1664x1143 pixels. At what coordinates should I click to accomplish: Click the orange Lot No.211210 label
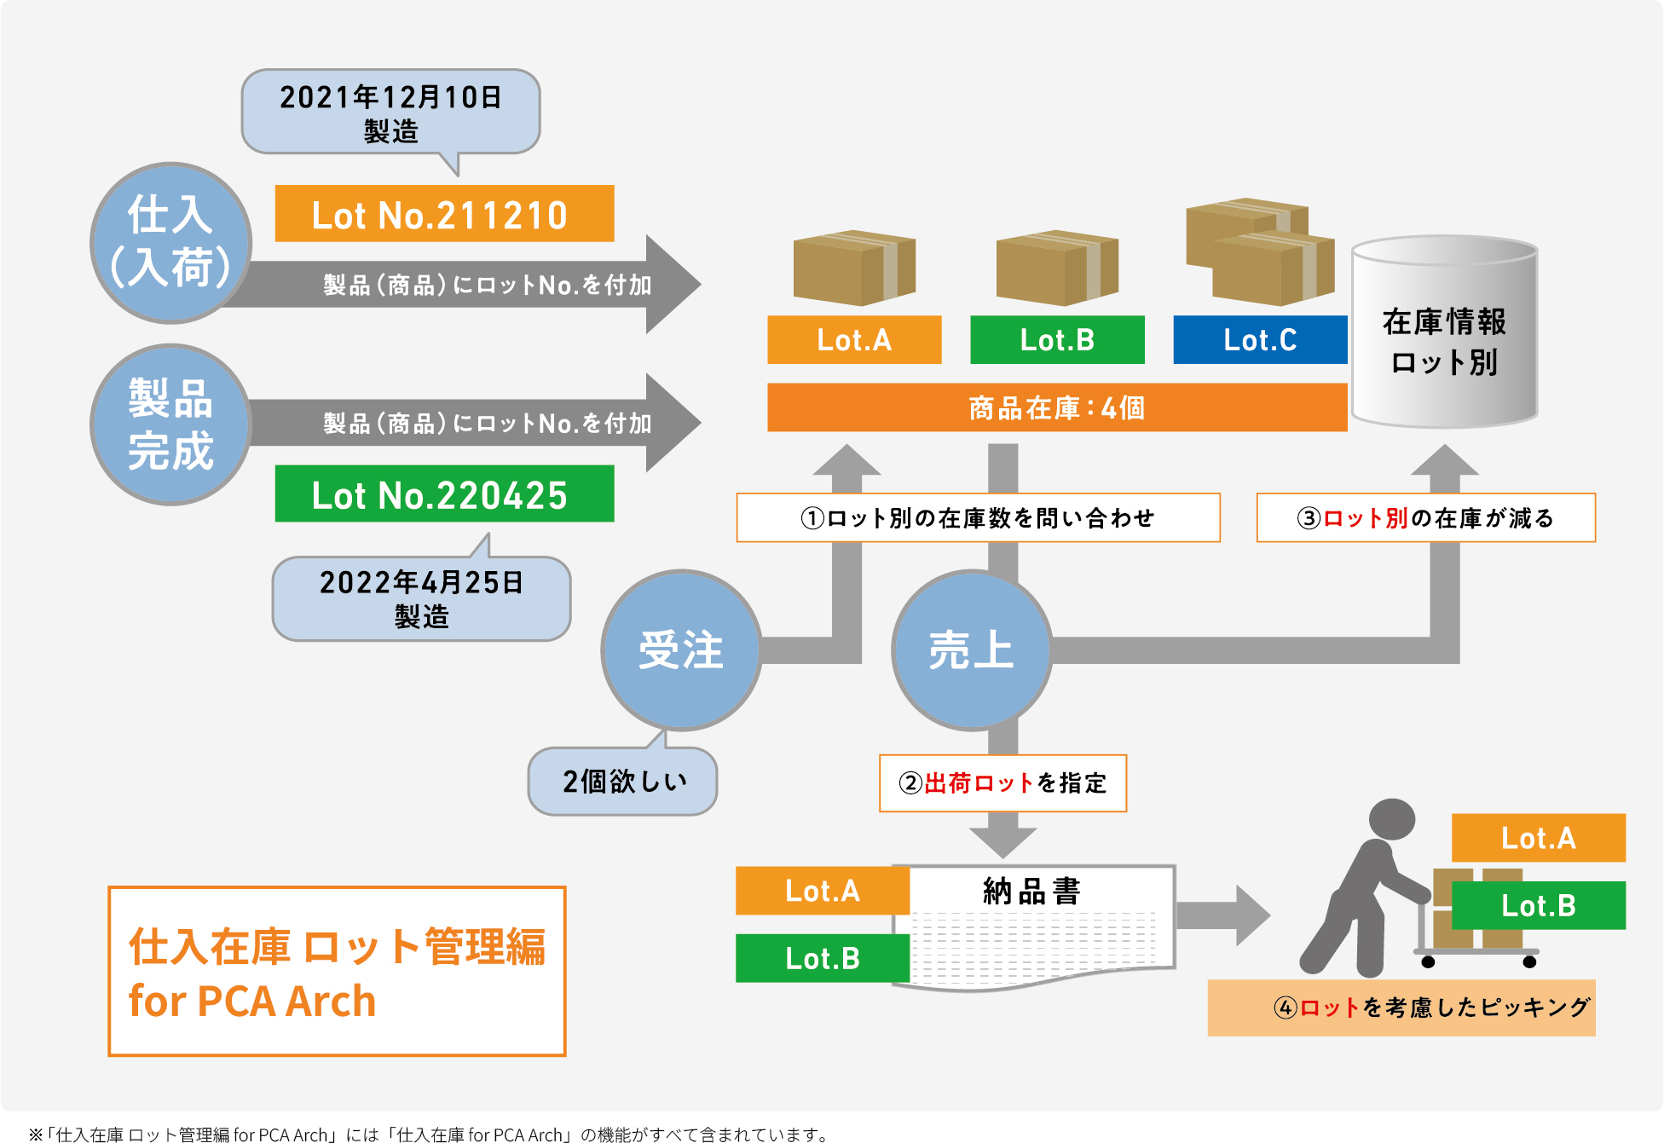click(x=444, y=214)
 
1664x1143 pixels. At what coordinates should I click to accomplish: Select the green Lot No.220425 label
click(x=444, y=494)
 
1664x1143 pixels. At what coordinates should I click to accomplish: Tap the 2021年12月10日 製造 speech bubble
click(x=390, y=113)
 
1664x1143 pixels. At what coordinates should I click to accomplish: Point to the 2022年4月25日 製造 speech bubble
click(x=421, y=598)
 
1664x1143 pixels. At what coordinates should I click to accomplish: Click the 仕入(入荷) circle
click(x=170, y=243)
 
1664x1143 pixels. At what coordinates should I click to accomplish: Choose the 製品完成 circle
click(x=170, y=424)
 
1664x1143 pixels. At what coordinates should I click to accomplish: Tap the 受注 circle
click(x=681, y=649)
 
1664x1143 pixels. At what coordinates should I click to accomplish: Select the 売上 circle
click(x=971, y=649)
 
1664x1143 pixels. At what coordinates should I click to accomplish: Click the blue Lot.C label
click(x=1259, y=340)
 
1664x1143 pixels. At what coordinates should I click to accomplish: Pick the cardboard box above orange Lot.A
click(x=853, y=268)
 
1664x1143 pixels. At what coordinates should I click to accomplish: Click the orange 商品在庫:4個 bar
click(x=1056, y=407)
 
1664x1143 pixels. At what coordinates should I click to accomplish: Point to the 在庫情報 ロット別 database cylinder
click(x=1444, y=332)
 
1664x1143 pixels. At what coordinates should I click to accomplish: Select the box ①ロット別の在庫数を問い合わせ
click(x=978, y=517)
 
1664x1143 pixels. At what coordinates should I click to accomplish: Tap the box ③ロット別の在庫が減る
click(x=1425, y=517)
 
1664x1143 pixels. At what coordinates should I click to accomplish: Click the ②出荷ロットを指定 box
click(x=1002, y=782)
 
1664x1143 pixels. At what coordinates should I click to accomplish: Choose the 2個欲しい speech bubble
click(x=623, y=781)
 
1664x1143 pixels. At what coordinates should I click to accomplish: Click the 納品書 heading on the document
click(x=1031, y=892)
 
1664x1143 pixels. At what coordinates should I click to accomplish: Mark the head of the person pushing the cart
click(x=1391, y=820)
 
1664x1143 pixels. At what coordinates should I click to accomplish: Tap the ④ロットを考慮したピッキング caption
click(x=1401, y=1007)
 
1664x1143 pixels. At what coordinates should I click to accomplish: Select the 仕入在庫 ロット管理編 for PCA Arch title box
click(x=337, y=971)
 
